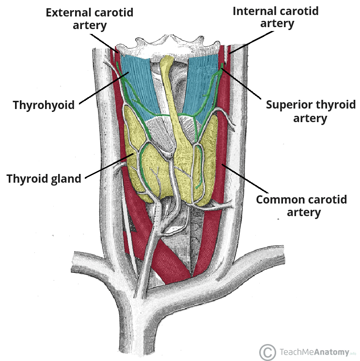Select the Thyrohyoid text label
pyautogui.click(x=44, y=105)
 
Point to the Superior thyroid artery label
pyautogui.click(x=310, y=111)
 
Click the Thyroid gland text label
pyautogui.click(x=44, y=179)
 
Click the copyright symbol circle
pyautogui.click(x=267, y=352)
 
